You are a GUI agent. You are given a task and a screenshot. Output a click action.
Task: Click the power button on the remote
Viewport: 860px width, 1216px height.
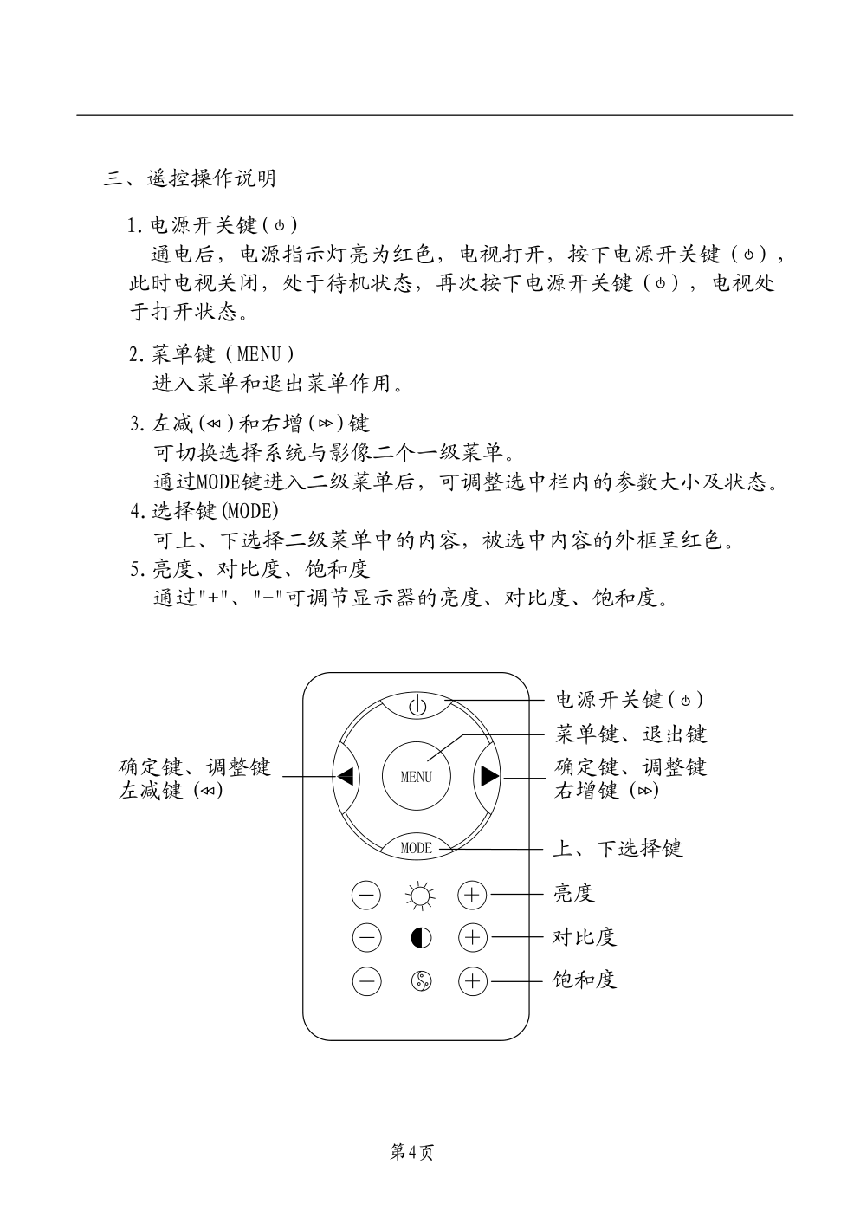pyautogui.click(x=417, y=704)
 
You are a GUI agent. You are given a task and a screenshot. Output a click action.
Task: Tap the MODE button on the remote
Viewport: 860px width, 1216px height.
pyautogui.click(x=417, y=848)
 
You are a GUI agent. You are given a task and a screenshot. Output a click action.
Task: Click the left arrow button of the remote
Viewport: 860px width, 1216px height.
pyautogui.click(x=346, y=776)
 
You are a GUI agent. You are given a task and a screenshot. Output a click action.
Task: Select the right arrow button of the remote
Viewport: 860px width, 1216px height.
pyautogui.click(x=489, y=776)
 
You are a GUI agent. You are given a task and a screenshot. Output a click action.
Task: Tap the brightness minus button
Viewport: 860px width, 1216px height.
pyautogui.click(x=366, y=895)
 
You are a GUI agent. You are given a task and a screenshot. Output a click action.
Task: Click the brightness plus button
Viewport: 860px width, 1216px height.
pyautogui.click(x=472, y=895)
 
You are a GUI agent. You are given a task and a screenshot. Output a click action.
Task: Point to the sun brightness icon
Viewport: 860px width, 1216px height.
pyautogui.click(x=420, y=895)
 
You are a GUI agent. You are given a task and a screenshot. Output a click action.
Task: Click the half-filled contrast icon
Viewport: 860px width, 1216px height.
pyautogui.click(x=420, y=937)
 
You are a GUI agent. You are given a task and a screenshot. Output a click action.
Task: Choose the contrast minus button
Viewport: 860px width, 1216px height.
pyautogui.click(x=366, y=937)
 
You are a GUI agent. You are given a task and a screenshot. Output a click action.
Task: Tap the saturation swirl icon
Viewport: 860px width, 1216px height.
pyautogui.click(x=420, y=980)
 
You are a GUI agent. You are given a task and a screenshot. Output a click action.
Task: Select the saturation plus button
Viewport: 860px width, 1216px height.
pyautogui.click(x=472, y=980)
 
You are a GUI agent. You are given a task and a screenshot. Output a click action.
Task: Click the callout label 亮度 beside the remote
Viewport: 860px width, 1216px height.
pyautogui.click(x=573, y=894)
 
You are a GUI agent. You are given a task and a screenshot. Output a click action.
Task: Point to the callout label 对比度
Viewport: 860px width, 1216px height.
pyautogui.click(x=585, y=937)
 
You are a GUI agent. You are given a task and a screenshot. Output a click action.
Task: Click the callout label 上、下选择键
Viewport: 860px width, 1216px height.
pyautogui.click(x=618, y=848)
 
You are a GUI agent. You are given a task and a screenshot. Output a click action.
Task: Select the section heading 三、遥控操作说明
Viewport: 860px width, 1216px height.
pyautogui.click(x=191, y=178)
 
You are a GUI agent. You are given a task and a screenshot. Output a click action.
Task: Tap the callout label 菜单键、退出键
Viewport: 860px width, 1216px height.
pyautogui.click(x=631, y=734)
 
